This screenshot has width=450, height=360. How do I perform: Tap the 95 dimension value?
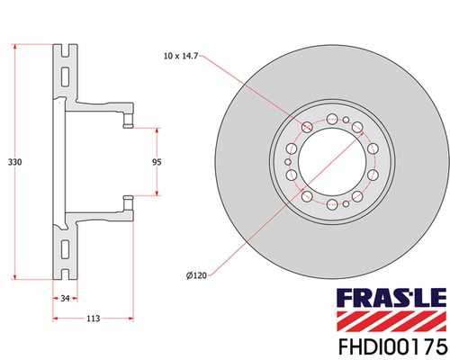point(156,162)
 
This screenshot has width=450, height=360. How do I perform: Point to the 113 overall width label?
point(93,318)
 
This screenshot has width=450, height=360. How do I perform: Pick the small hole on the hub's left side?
point(289,161)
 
